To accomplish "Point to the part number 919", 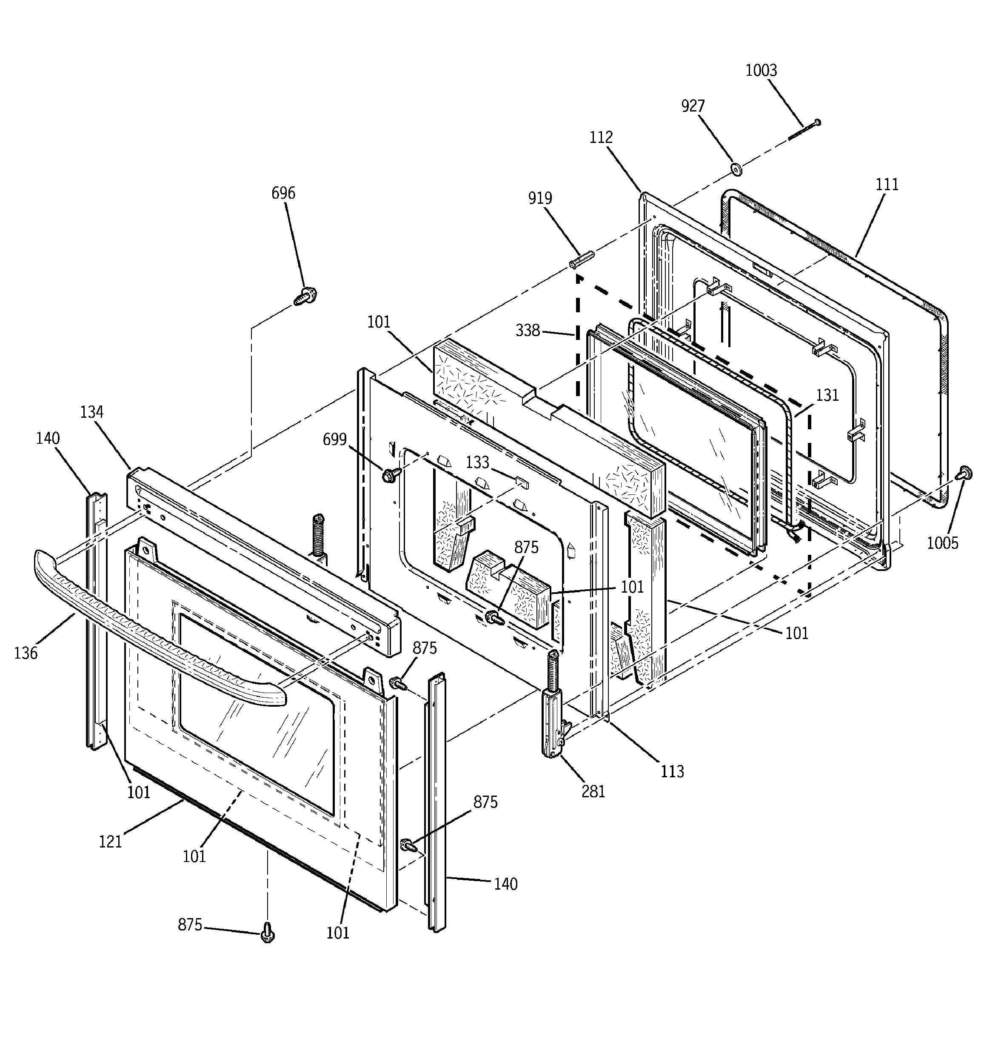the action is pyautogui.click(x=540, y=198).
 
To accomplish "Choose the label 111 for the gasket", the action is pyautogui.click(x=887, y=184).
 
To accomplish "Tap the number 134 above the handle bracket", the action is pyautogui.click(x=91, y=411).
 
